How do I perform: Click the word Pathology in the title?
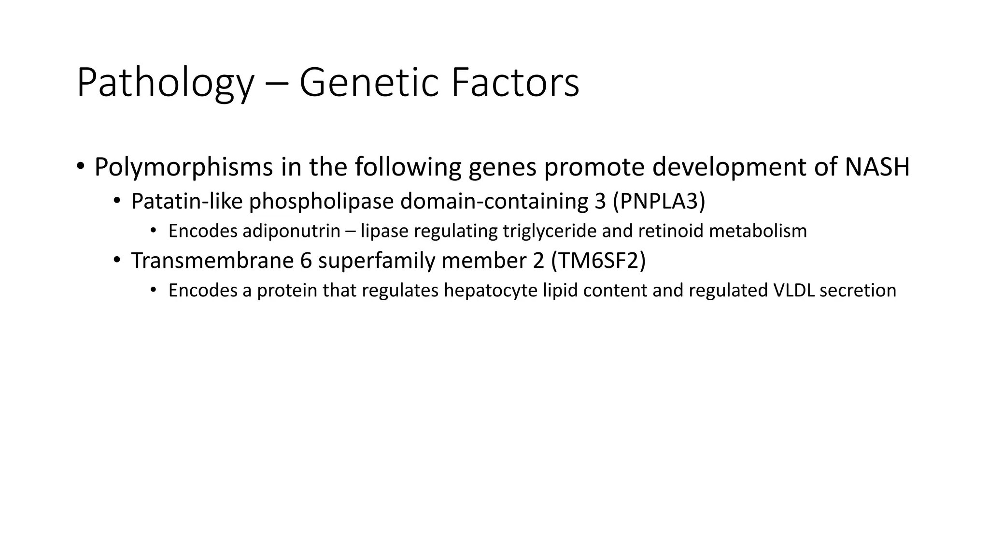pos(165,83)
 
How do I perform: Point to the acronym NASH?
pos(877,167)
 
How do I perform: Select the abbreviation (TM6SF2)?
pos(598,261)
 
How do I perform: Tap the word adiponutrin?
pos(292,231)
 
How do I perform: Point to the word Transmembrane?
pos(212,261)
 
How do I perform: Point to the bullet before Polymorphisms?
pos(80,167)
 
